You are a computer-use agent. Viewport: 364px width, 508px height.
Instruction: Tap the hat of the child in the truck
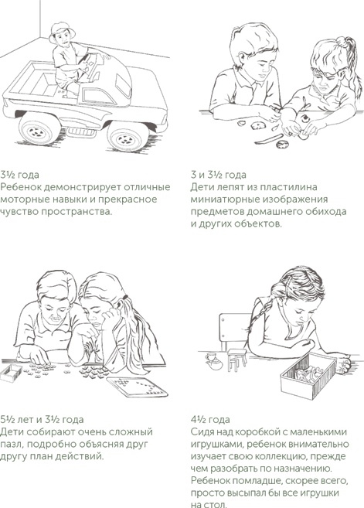(x=59, y=29)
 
